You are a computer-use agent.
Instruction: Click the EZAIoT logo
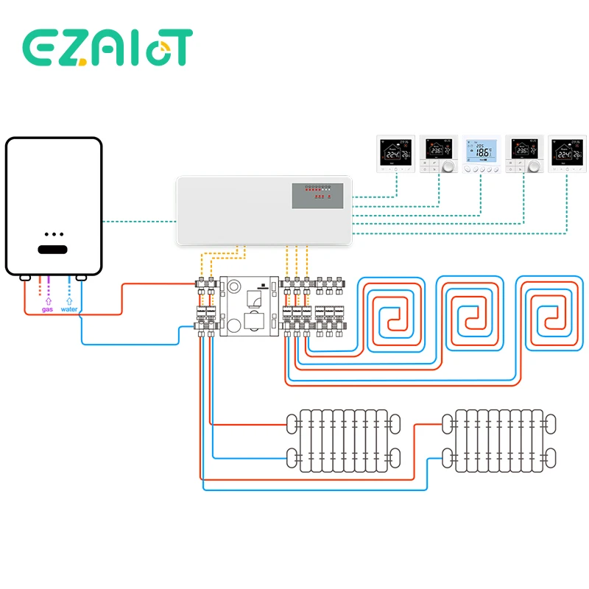coord(107,48)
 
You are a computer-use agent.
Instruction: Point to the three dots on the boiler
coord(54,233)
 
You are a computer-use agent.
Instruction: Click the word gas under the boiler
coord(47,309)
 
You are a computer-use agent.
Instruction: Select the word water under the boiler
coord(69,309)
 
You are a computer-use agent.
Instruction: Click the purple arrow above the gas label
coord(47,300)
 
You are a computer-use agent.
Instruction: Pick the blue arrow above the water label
coord(69,300)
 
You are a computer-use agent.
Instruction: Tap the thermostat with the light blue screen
coord(482,155)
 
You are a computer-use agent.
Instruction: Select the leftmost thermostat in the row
coord(396,155)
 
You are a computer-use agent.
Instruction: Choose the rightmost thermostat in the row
coord(568,155)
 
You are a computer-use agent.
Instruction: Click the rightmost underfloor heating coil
coord(551,314)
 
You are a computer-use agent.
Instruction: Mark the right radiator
coord(499,440)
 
